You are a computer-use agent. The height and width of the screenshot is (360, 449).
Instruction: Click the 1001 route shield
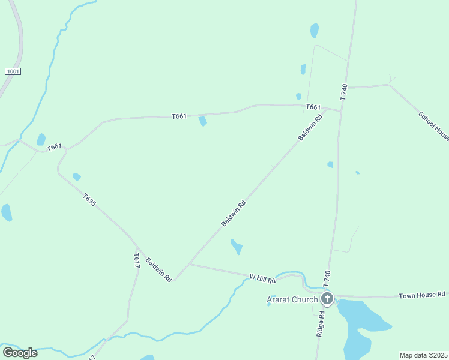click(13, 71)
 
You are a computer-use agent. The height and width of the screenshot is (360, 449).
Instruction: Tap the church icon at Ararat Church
click(327, 298)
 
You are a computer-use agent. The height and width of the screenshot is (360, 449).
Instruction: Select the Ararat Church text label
click(292, 300)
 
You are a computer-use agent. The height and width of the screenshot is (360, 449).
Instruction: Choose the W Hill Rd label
click(262, 278)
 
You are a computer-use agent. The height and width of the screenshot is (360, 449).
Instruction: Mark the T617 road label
click(137, 260)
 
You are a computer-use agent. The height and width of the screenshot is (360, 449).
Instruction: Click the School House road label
click(433, 126)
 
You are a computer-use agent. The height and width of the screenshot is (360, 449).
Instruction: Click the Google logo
click(20, 353)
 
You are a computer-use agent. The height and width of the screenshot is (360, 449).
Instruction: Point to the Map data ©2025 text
click(423, 355)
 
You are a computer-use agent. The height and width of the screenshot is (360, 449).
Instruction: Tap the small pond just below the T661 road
click(203, 121)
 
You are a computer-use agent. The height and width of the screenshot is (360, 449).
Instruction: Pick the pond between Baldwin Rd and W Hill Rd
click(237, 246)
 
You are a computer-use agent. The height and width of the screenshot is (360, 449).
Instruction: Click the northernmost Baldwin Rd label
click(310, 128)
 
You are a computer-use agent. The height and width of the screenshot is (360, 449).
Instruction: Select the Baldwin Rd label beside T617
click(158, 270)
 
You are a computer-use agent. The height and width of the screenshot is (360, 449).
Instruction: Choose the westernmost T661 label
click(54, 146)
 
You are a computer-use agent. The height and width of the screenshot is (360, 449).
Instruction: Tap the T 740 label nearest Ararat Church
click(327, 278)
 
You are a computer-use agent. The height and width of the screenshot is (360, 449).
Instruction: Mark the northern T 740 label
click(344, 91)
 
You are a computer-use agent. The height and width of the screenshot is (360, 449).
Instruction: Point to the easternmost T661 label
click(313, 107)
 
